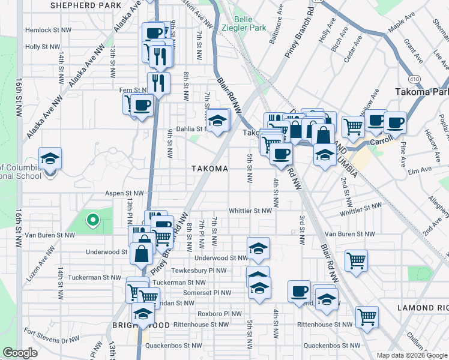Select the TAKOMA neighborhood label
[209, 169]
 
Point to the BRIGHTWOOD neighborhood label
[126, 325]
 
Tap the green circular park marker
[92, 221]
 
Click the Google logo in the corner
[20, 353]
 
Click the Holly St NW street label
[41, 46]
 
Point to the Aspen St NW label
[125, 193]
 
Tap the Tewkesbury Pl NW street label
[204, 271]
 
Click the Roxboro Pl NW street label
[220, 313]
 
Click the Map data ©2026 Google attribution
[411, 355]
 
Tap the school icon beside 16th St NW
[50, 159]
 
